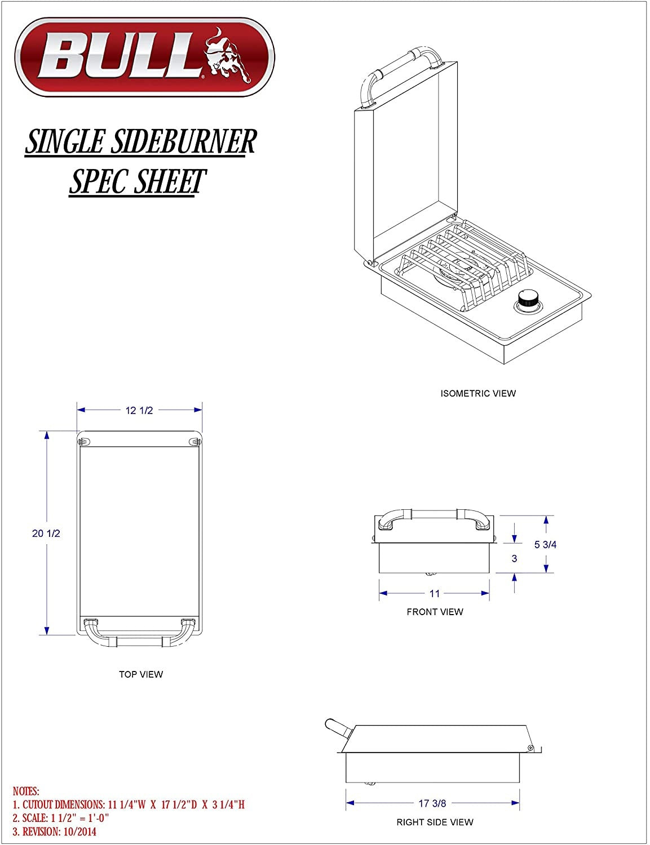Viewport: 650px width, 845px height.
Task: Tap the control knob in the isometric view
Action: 528,299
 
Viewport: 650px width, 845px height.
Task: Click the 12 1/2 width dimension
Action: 139,411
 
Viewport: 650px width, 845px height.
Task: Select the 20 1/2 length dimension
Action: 46,533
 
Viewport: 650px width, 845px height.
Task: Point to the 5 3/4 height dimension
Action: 545,544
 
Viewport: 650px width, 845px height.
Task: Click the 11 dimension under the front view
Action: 434,593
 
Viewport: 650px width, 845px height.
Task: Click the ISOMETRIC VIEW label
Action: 478,393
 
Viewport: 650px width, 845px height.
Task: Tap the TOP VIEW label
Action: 141,674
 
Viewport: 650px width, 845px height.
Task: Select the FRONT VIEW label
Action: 435,612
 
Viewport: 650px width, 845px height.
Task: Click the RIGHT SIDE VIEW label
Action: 435,822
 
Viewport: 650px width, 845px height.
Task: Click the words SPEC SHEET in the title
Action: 138,181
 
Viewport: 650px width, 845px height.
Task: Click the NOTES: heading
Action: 26,792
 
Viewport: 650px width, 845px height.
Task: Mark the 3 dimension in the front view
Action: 514,559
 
